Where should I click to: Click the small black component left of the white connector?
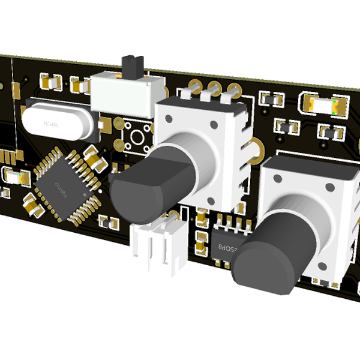(109, 222)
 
